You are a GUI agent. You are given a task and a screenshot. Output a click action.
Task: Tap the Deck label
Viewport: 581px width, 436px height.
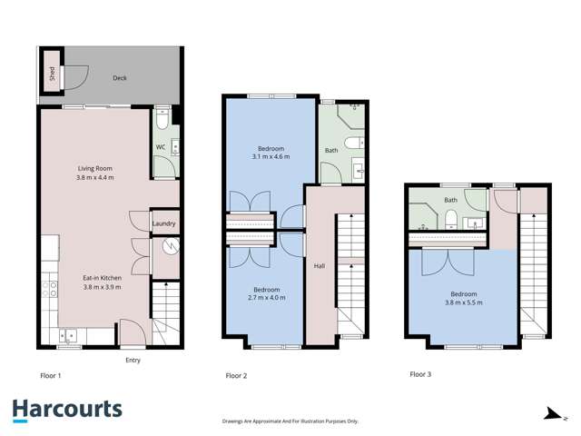[x=120, y=78]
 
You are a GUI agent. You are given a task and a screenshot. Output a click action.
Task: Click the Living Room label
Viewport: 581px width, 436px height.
[x=93, y=167]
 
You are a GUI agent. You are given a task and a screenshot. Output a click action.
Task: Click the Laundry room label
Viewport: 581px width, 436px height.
[x=163, y=223]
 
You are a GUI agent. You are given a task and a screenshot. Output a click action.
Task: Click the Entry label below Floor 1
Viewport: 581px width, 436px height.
[x=133, y=360]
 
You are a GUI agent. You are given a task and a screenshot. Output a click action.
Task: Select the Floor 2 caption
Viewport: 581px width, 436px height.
[x=238, y=373]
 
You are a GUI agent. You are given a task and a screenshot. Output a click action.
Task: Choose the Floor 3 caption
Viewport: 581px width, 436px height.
[x=421, y=373]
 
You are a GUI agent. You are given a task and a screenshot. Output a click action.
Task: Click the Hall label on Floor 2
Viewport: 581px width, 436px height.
[x=319, y=266]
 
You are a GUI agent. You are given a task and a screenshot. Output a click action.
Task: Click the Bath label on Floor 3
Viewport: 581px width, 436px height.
[x=450, y=200]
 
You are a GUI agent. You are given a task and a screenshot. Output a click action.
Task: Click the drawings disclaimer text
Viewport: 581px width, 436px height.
[x=290, y=421]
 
